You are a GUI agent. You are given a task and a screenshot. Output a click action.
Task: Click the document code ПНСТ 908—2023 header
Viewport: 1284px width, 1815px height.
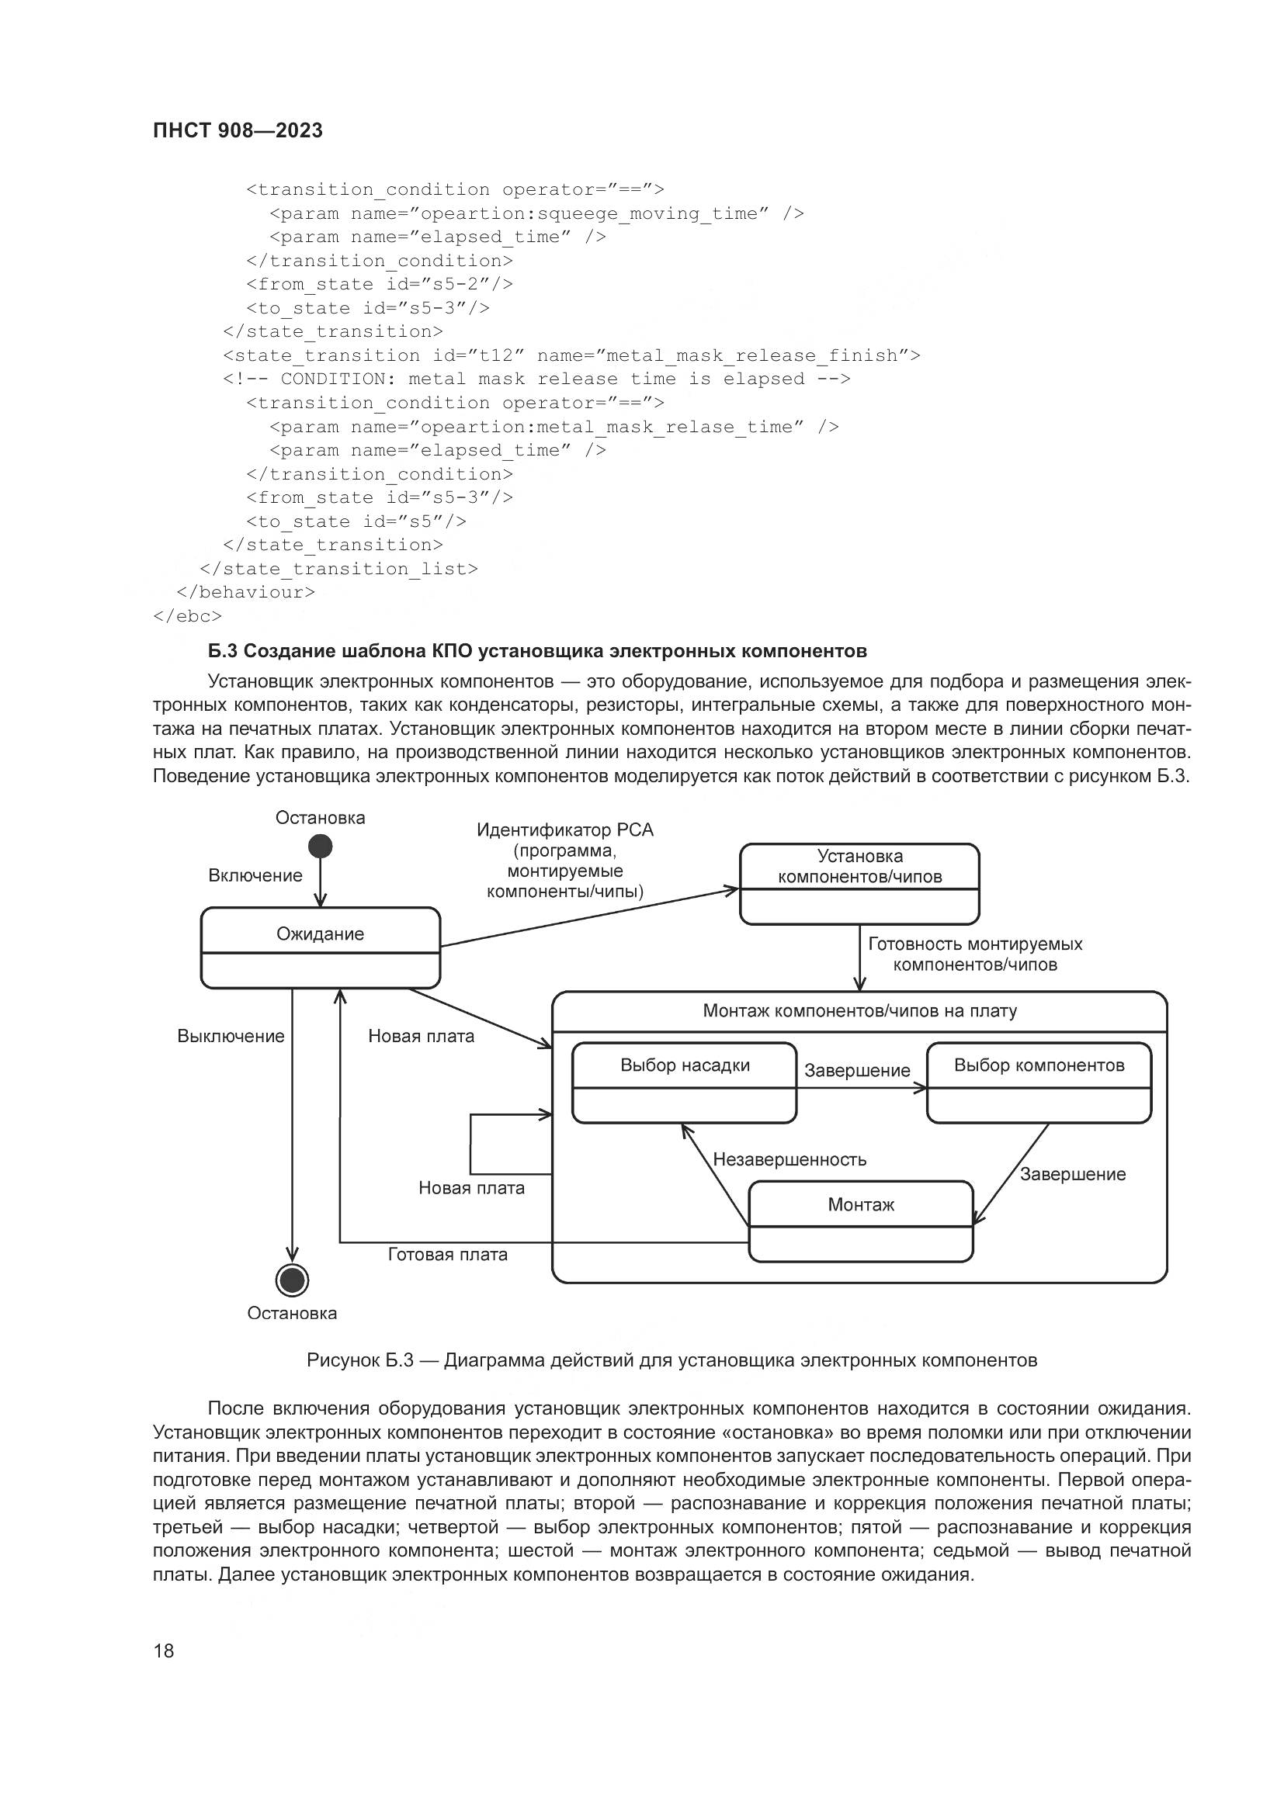coord(238,130)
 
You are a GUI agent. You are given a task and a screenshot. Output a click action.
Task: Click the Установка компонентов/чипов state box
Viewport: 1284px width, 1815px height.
coord(859,883)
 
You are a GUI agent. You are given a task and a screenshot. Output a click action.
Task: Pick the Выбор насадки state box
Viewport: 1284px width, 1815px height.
coord(684,1082)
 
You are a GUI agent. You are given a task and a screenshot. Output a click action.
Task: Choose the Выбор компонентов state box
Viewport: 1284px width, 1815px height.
coord(1038,1082)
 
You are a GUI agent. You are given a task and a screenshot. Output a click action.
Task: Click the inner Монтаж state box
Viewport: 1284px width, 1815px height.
coord(860,1221)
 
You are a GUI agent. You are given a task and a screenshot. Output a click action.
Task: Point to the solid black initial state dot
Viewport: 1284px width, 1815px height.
coord(320,847)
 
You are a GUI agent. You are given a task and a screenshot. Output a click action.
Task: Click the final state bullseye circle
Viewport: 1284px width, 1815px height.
coord(292,1280)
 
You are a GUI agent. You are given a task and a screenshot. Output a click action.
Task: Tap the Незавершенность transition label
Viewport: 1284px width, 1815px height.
coord(789,1159)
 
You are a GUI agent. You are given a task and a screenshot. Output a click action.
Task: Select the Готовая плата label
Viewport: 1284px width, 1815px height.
coord(447,1255)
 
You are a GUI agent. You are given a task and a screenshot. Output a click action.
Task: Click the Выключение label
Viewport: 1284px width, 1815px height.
coord(231,1037)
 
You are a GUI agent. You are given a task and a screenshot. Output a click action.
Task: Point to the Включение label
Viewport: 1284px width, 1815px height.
coord(255,875)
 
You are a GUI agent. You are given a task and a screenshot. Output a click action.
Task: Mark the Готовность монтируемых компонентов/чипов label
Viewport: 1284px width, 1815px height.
coord(975,954)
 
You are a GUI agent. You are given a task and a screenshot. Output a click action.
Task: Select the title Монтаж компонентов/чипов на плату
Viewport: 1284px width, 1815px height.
coord(859,1011)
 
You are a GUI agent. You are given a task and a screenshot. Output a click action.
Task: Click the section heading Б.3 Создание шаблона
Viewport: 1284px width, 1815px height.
coord(537,650)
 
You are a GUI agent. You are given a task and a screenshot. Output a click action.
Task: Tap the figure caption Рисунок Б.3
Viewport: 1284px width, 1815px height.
coord(671,1360)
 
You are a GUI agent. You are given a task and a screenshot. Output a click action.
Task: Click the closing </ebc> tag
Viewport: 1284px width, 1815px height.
coord(187,616)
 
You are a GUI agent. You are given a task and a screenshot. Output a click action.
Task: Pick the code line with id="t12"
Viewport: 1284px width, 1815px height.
coord(571,355)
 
